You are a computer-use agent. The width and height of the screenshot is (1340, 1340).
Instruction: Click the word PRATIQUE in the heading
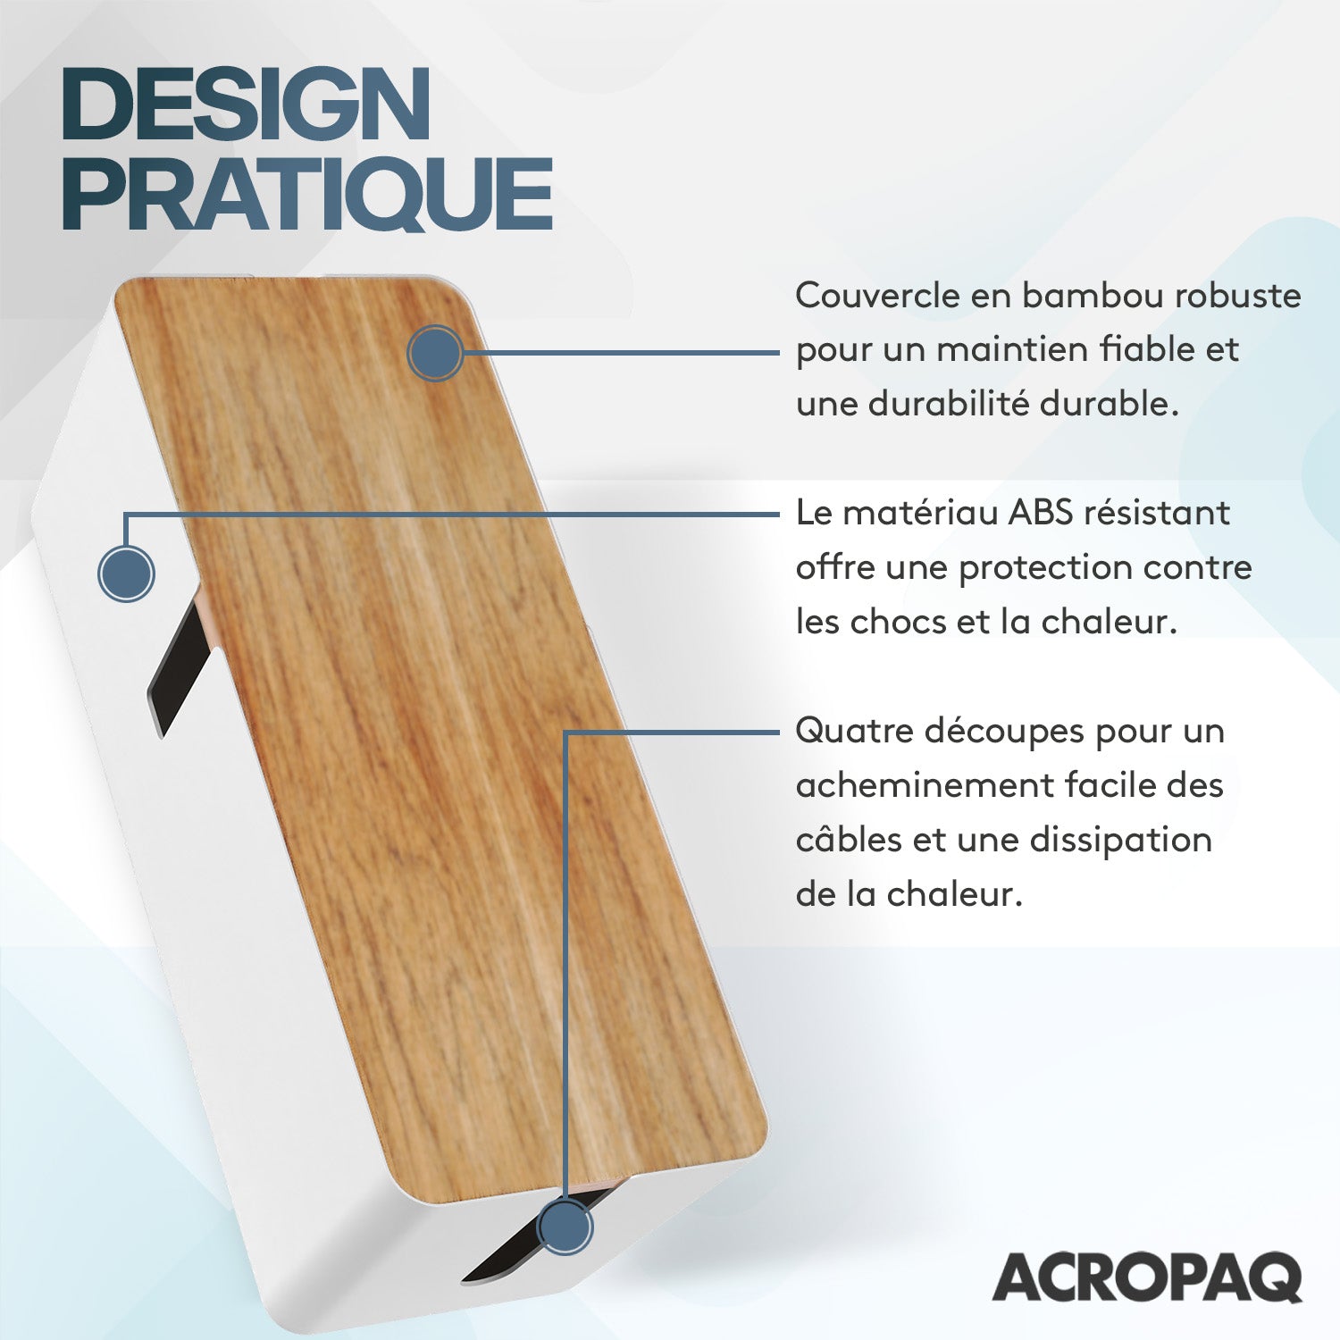pos(306,194)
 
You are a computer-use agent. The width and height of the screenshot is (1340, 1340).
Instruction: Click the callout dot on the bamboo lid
pos(435,354)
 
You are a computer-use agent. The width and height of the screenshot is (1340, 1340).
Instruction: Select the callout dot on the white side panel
pos(126,573)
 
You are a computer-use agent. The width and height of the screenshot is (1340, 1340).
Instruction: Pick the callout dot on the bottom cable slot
pos(564,1228)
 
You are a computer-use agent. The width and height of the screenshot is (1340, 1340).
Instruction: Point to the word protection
pos(1058,569)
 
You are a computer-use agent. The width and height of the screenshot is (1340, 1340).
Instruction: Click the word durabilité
pos(949,404)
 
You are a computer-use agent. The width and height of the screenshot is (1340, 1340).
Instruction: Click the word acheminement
pos(924,786)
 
